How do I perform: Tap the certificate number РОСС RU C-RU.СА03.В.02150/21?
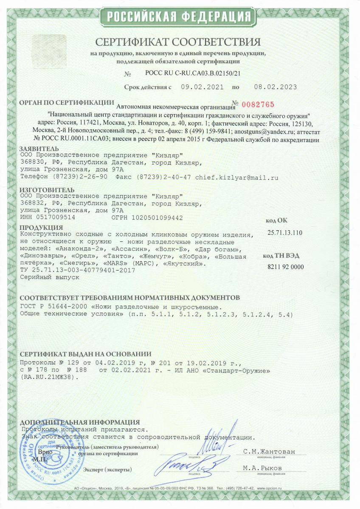pyautogui.click(x=193, y=73)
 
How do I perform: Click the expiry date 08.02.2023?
pyautogui.click(x=275, y=87)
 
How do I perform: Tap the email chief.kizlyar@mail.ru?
pyautogui.click(x=236, y=178)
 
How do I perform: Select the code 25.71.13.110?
pyautogui.click(x=285, y=232)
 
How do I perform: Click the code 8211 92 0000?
pyautogui.click(x=286, y=266)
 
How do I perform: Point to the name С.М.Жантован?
pyautogui.click(x=269, y=452)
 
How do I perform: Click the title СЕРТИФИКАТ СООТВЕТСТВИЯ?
pyautogui.click(x=178, y=42)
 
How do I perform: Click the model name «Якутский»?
pyautogui.click(x=184, y=264)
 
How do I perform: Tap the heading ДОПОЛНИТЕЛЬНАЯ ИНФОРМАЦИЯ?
pyautogui.click(x=80, y=422)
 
